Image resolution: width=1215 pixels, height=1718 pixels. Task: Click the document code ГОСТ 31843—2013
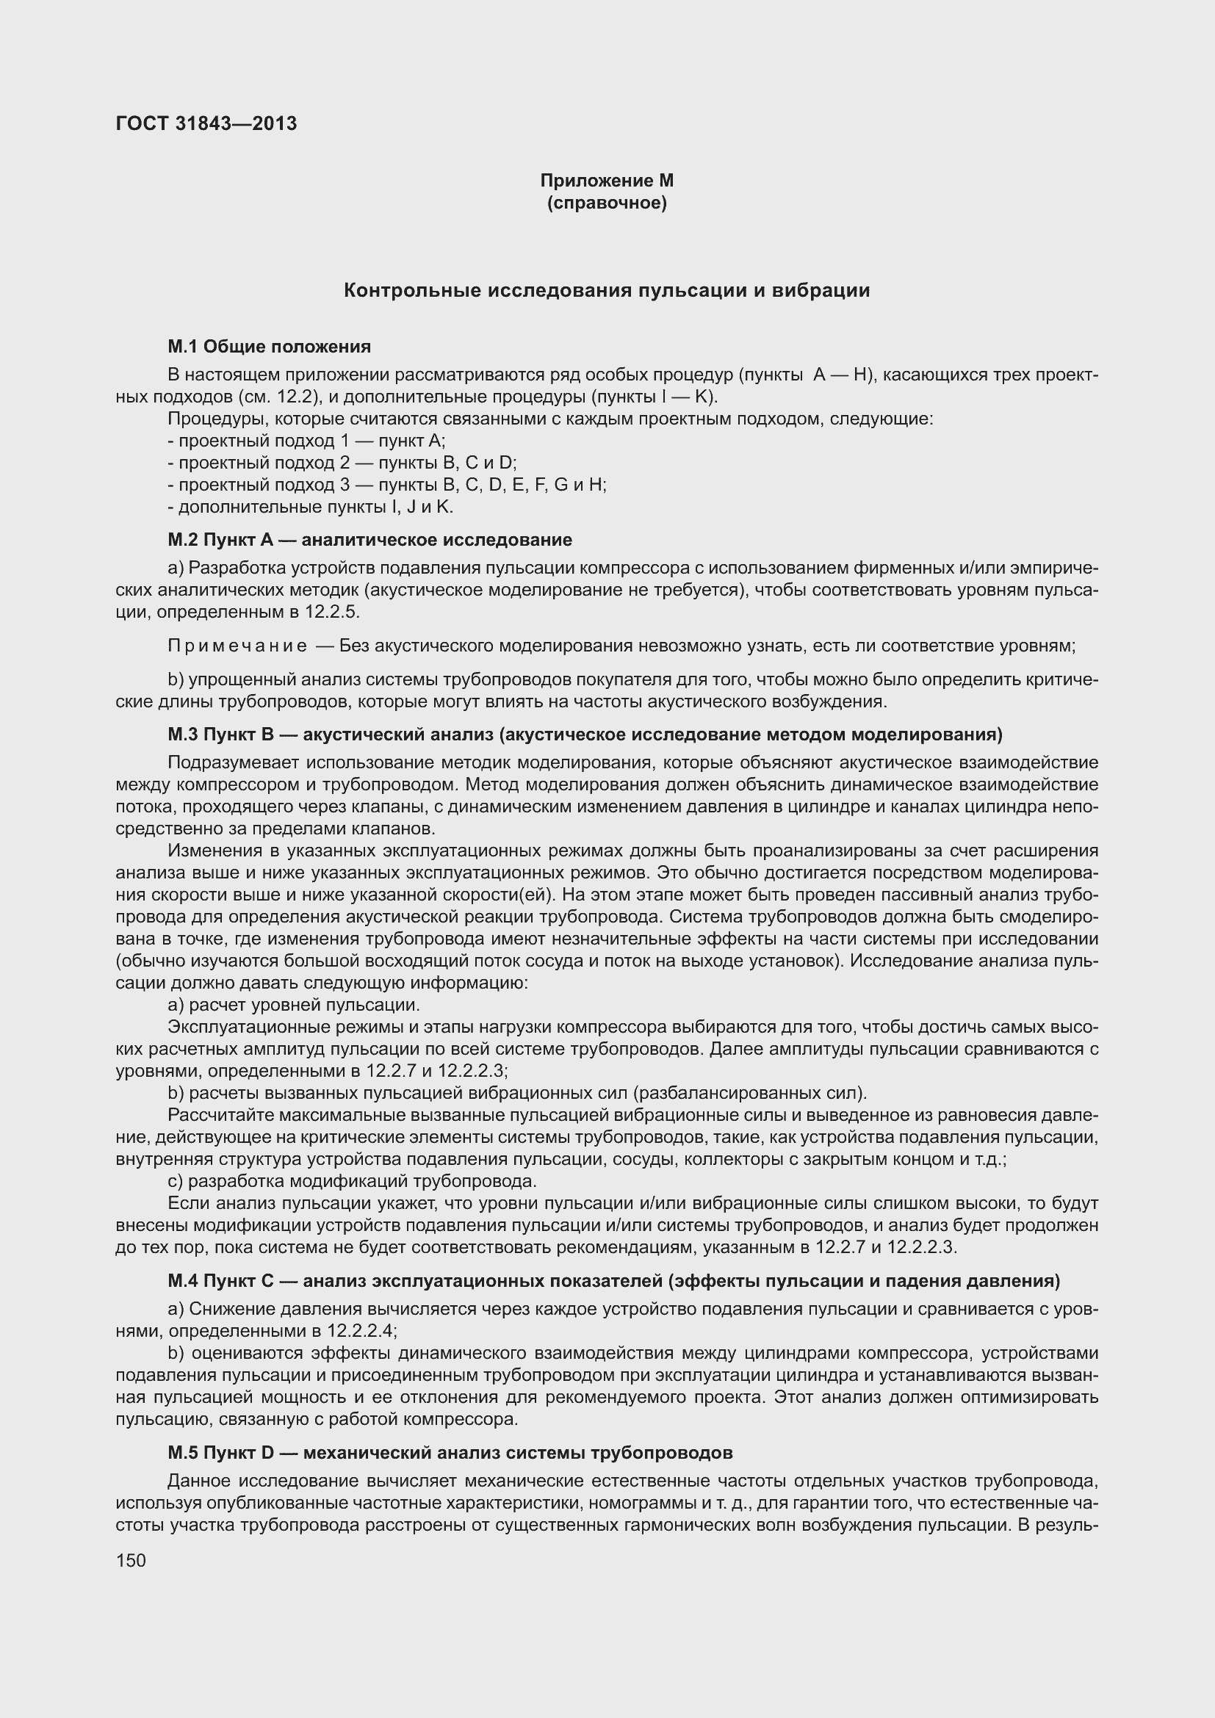point(206,123)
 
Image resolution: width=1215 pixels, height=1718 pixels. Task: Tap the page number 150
point(131,1560)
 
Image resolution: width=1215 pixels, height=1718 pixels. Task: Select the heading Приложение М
point(607,181)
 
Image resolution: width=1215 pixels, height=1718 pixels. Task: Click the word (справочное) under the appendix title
point(607,203)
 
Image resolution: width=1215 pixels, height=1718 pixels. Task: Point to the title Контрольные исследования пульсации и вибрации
point(607,290)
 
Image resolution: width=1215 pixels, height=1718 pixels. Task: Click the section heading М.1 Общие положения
point(270,347)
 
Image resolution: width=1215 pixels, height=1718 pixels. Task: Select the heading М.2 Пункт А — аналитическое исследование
point(369,540)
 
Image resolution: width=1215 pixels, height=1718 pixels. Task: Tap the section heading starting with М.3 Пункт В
point(584,734)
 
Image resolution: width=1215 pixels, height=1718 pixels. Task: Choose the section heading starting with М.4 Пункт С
point(613,1281)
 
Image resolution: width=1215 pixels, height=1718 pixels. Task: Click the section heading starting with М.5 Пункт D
point(450,1452)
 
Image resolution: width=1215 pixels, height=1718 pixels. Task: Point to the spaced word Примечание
point(237,646)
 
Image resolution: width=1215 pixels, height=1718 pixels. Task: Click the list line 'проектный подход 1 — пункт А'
point(307,441)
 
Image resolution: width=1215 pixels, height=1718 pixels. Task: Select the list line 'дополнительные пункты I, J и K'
point(311,507)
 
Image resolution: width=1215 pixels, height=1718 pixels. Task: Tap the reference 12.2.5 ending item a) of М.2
point(331,612)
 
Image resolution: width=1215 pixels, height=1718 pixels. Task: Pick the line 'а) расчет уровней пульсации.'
point(294,1004)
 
